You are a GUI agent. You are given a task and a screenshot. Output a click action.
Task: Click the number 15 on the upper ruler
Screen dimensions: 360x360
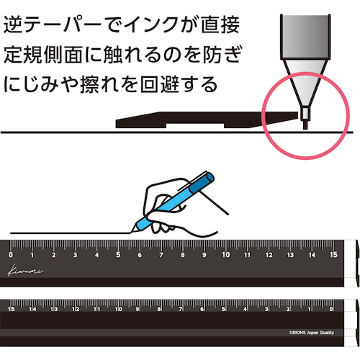point(333,255)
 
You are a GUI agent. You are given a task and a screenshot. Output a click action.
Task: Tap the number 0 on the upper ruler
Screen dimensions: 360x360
point(11,255)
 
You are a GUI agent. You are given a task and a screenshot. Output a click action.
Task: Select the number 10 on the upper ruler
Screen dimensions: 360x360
point(226,255)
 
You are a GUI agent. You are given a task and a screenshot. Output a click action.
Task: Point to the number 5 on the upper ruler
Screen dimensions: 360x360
point(118,255)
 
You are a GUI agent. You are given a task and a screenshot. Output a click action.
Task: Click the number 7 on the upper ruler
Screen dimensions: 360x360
point(161,255)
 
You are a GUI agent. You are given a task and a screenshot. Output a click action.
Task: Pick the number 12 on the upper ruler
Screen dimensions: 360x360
point(269,255)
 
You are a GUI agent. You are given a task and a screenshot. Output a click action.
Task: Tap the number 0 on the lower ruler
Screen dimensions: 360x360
point(331,309)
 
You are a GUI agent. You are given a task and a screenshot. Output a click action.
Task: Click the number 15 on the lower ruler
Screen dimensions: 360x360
point(11,309)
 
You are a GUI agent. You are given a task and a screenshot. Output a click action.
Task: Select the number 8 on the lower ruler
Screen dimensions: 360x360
point(159,309)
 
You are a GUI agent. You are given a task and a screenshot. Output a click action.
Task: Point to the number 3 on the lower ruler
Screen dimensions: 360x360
point(266,309)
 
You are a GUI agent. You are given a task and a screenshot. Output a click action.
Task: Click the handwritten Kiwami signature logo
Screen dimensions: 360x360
point(25,271)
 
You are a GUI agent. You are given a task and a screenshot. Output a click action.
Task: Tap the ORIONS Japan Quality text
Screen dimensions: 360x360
point(312,333)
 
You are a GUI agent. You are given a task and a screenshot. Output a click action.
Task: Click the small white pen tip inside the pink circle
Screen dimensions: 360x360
point(305,113)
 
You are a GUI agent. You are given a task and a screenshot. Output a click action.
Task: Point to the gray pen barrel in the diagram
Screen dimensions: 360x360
point(305,37)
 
